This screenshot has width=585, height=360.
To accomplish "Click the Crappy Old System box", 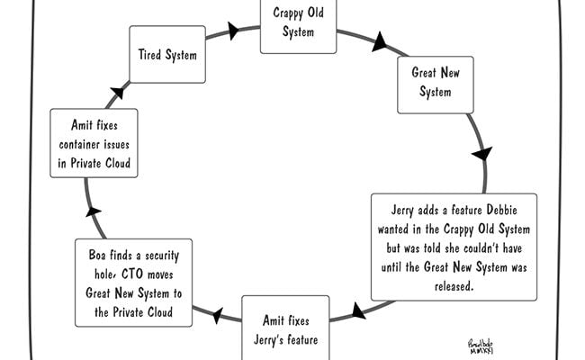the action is tap(298, 26).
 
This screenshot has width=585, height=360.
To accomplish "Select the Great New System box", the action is tap(436, 85).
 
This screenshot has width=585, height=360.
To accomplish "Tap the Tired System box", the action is tap(167, 55).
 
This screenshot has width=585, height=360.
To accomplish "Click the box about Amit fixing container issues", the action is tap(94, 143).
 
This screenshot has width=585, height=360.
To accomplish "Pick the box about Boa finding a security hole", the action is tap(133, 283).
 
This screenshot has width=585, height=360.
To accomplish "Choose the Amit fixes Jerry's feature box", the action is tap(285, 328).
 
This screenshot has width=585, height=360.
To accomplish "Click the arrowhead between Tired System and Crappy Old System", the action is tap(233, 31).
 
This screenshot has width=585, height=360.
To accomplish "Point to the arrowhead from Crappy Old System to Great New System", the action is tap(380, 41).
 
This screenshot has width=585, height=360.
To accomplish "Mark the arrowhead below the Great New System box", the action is tap(482, 153).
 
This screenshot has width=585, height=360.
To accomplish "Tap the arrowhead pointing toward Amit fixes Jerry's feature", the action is tap(358, 310).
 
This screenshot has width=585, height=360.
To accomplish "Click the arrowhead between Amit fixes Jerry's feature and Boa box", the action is tap(218, 316).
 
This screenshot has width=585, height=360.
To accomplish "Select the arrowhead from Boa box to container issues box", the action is tap(93, 211).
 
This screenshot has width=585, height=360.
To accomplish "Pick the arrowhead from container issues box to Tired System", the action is tap(118, 93).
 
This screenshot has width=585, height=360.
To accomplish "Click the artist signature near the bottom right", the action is tap(481, 346).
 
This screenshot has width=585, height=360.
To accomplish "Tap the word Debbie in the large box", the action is tap(501, 210).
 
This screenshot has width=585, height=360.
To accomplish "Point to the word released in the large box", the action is tap(454, 286).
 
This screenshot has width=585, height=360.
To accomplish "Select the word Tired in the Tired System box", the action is tap(149, 55).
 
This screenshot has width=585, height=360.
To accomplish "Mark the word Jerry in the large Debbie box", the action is tap(402, 211).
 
